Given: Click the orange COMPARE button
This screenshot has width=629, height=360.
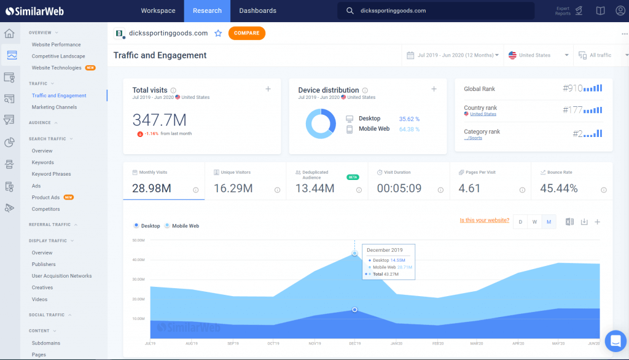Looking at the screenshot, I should coord(246,33).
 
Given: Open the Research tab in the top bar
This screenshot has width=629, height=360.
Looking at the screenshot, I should coord(206,10).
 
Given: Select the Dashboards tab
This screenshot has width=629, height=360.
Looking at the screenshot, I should coord(257,10).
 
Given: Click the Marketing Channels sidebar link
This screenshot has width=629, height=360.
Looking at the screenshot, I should coord(54,107).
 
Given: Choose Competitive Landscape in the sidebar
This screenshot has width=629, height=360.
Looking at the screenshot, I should coord(58,56).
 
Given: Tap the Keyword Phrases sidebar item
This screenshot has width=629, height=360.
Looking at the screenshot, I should coord(51,174).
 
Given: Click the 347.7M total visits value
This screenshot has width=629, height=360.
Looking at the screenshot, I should coord(159,120).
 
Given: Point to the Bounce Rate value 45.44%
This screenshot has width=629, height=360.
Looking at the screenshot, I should coord(558,189).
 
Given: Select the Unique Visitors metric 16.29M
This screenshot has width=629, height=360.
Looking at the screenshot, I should coord(233,189).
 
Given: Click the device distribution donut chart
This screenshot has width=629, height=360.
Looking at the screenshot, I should coord(321,123).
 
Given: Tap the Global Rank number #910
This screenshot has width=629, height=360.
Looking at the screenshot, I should coord(572,88).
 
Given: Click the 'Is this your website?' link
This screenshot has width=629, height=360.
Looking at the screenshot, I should coord(484,221).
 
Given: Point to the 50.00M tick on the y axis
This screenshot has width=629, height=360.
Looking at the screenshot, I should coord(138,240).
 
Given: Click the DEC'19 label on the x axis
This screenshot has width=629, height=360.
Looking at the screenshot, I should coord(354,343).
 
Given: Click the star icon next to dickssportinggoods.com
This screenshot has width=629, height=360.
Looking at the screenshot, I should coord(218,33).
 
